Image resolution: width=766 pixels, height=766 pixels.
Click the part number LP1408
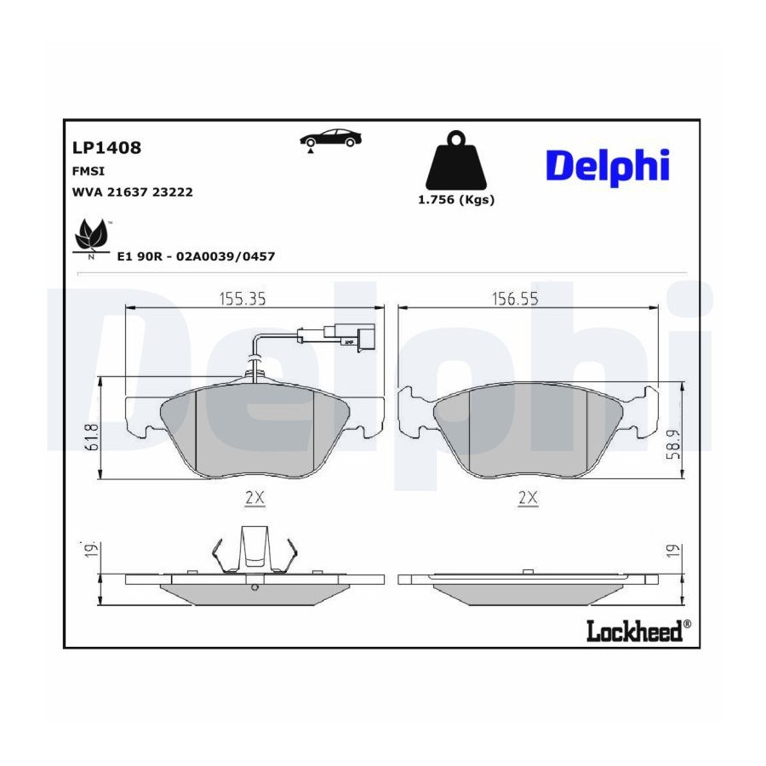pyautogui.click(x=106, y=147)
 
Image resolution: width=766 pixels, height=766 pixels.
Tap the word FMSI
pyautogui.click(x=89, y=171)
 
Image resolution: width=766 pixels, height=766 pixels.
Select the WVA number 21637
pyautogui.click(x=127, y=192)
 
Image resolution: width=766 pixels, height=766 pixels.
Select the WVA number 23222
pyautogui.click(x=173, y=192)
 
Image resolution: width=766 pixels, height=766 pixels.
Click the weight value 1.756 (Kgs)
pyautogui.click(x=456, y=200)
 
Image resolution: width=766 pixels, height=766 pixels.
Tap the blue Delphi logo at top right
pyautogui.click(x=607, y=167)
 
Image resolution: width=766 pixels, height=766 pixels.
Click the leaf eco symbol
pyautogui.click(x=91, y=237)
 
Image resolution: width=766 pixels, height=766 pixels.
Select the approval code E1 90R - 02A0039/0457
pyautogui.click(x=196, y=256)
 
